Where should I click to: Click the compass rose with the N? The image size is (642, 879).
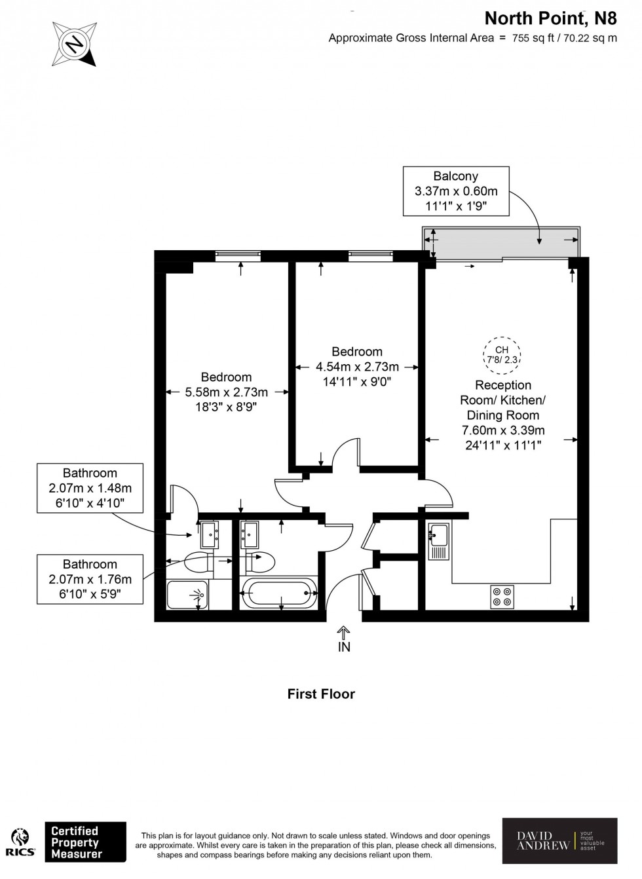point(74,44)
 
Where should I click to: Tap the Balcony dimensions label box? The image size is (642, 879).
point(456,191)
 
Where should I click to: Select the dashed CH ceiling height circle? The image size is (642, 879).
point(502,354)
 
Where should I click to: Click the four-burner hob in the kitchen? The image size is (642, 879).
point(502,596)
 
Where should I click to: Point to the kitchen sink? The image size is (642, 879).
point(438,541)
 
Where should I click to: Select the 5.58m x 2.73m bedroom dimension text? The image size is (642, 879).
point(226,392)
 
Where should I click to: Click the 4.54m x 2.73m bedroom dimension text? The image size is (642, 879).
point(357,367)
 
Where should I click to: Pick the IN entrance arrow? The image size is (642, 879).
point(344,639)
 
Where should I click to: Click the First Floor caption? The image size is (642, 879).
point(321,694)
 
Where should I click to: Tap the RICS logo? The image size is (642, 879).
point(20,842)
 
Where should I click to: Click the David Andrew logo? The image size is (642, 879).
point(559,841)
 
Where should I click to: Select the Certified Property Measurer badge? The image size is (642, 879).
point(85,842)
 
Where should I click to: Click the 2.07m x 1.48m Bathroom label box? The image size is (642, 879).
point(90,488)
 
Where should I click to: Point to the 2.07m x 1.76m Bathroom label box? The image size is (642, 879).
point(90,579)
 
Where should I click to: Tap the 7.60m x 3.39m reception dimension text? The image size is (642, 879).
point(502,430)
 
